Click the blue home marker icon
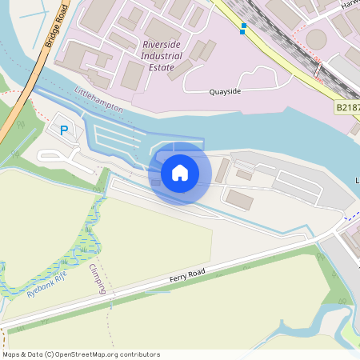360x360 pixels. click(180, 172)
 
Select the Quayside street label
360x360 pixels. click(224, 91)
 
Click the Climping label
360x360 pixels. click(98, 278)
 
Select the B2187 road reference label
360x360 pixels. click(347, 106)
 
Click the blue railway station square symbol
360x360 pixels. click(243, 29)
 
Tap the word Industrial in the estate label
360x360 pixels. click(162, 56)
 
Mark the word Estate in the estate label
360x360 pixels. click(162, 68)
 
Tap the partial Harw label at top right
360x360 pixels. click(350, 5)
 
